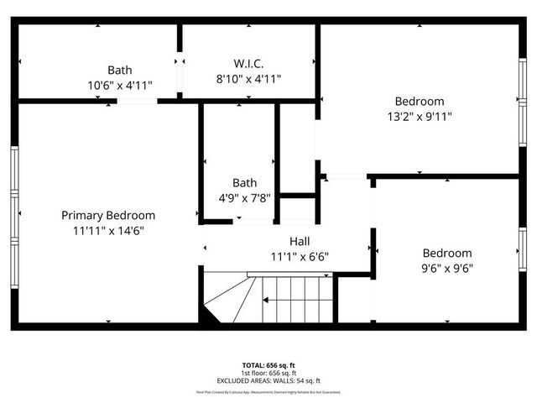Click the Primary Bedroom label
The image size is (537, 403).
[108, 215]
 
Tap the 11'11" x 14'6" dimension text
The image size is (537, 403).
[108, 231]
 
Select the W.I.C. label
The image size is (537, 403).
[248, 63]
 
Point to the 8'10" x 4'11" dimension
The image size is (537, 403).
[248, 79]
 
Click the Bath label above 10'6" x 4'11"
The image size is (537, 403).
[119, 70]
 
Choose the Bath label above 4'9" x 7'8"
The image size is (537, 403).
[245, 182]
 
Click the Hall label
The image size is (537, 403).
[300, 241]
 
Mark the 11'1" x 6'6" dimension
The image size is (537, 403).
[300, 257]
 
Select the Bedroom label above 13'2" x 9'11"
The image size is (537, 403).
[421, 102]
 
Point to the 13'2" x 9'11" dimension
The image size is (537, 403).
[421, 118]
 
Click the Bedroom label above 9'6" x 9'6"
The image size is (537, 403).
[446, 253]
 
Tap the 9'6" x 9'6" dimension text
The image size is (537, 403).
[446, 269]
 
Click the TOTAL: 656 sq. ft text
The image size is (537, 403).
[268, 365]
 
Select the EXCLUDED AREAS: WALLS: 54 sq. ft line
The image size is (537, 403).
[268, 380]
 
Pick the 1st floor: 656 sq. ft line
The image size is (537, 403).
[268, 373]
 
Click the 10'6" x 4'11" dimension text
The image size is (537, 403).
[119, 86]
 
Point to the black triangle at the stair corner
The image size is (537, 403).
[207, 317]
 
